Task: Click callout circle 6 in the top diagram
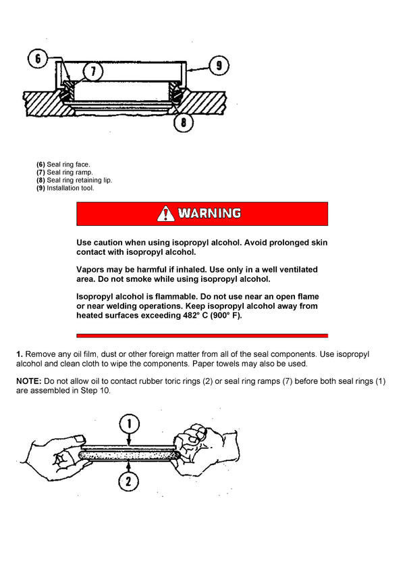point(38,59)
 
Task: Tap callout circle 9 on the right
point(219,66)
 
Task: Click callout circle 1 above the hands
point(129,424)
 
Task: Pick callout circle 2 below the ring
point(129,481)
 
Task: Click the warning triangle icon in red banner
point(165,214)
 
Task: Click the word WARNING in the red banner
point(209,214)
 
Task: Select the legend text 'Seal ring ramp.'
point(70,172)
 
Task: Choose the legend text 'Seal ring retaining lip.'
point(79,181)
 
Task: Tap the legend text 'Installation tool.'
point(70,189)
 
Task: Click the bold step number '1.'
point(20,354)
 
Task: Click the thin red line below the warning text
point(202,335)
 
